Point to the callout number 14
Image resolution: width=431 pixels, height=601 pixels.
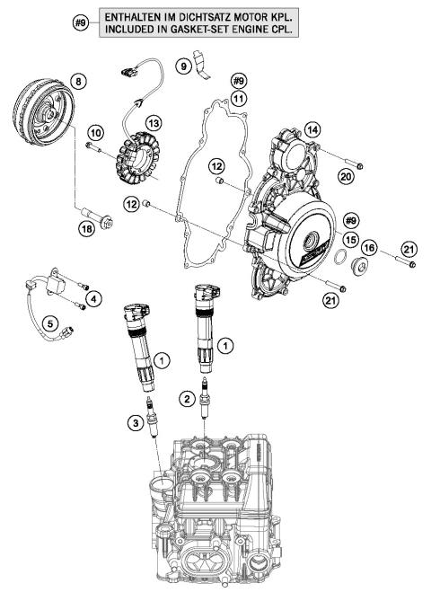pos(312,130)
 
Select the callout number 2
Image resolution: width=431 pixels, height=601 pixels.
pos(188,397)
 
